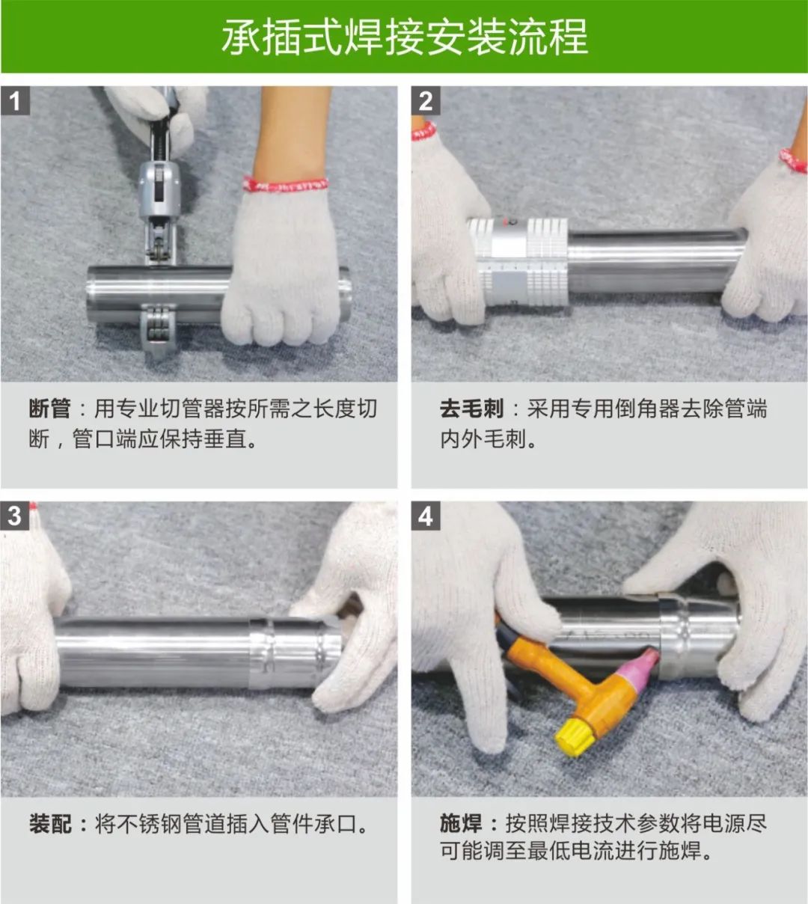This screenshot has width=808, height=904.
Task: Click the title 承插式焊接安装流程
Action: [404, 37]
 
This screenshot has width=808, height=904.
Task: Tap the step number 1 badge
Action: [15, 100]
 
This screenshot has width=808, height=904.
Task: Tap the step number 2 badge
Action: [426, 100]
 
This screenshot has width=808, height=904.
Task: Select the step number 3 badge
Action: [15, 516]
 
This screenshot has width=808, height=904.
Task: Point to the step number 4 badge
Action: [426, 516]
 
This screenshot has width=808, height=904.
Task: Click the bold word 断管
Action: [49, 409]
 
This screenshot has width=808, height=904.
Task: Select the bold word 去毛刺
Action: [471, 409]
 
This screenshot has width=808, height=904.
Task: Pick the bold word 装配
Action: [49, 824]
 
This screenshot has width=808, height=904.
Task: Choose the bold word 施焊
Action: [460, 824]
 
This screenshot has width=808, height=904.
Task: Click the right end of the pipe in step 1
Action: [343, 293]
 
